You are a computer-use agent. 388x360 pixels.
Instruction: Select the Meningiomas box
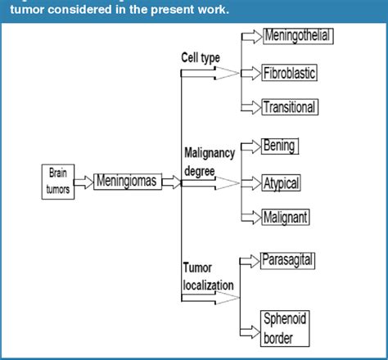click(x=127, y=181)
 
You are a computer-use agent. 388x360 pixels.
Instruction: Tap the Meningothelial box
click(x=300, y=37)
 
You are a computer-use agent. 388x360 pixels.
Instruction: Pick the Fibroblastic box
click(x=289, y=73)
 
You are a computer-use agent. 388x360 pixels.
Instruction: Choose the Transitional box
click(x=288, y=107)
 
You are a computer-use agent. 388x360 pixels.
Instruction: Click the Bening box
click(x=278, y=146)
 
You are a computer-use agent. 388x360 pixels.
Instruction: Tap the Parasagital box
click(x=287, y=259)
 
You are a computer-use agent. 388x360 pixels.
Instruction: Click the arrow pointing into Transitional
click(x=250, y=107)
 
